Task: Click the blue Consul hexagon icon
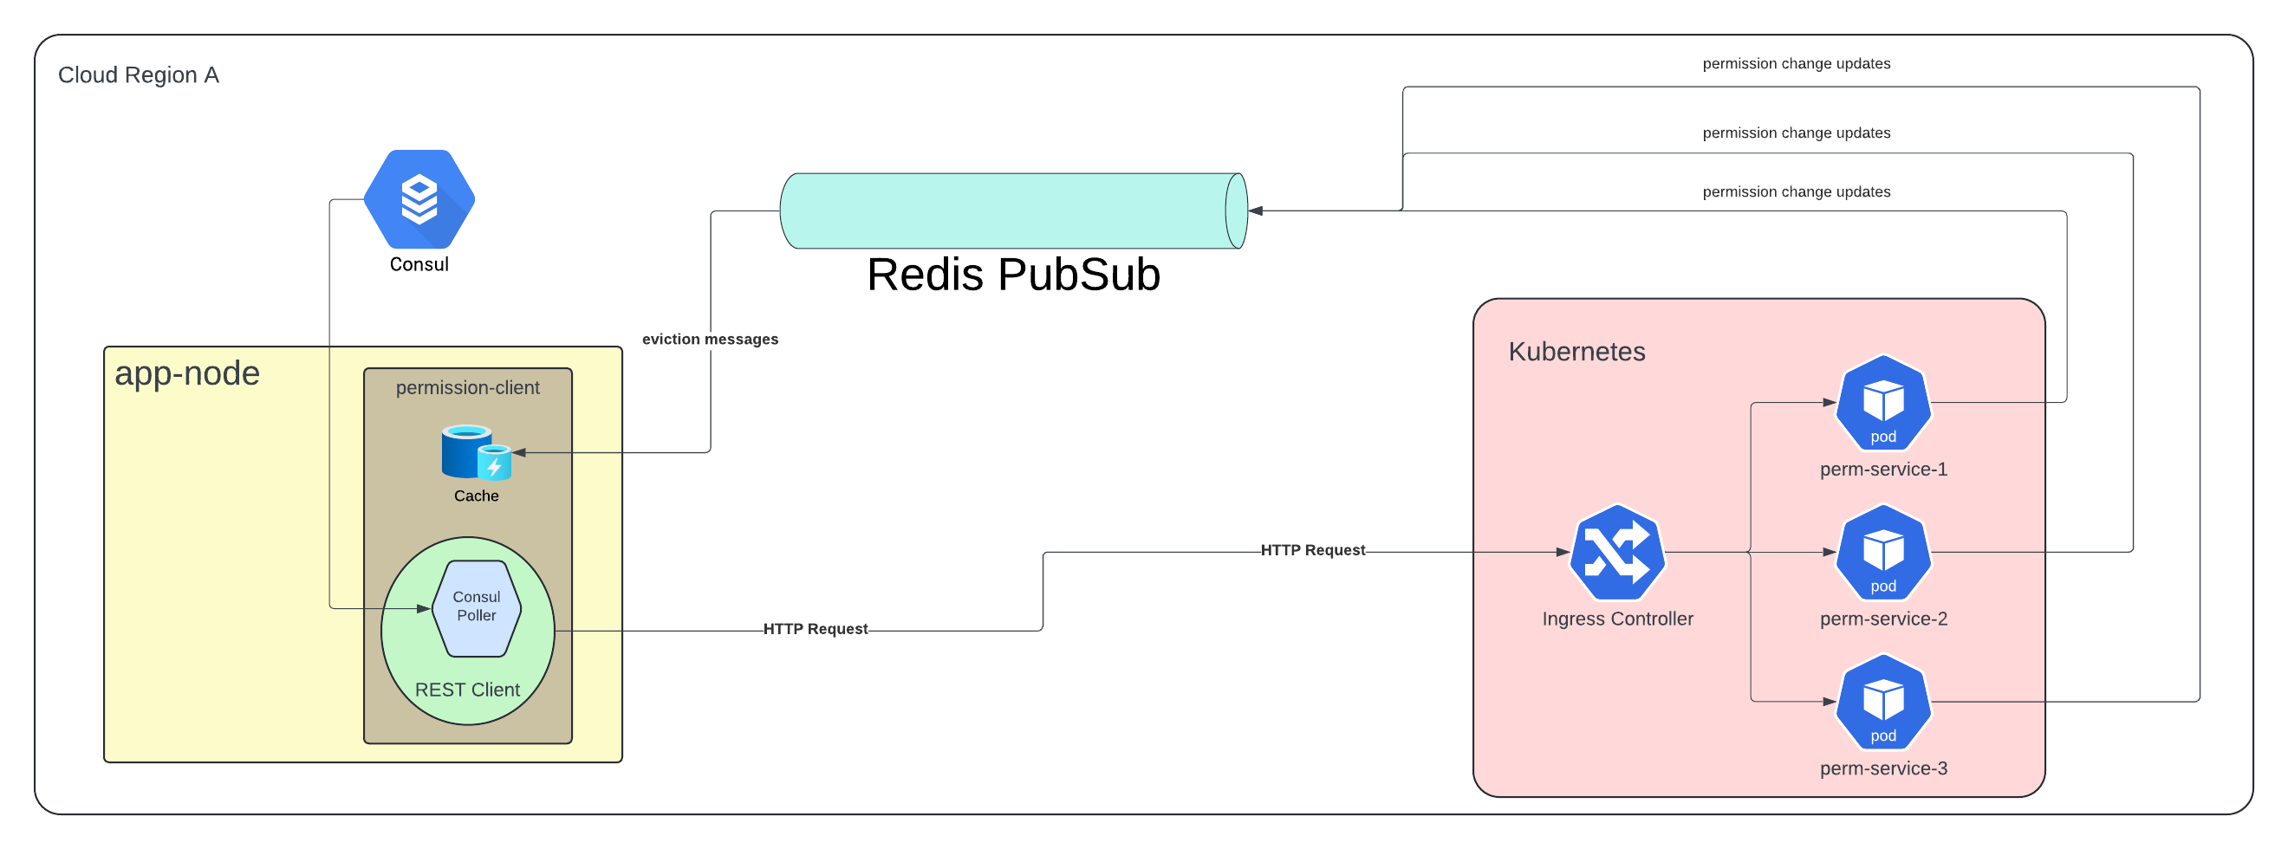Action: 419,199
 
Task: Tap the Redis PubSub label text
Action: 1012,275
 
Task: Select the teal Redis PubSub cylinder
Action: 1012,211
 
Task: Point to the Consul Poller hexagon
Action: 476,608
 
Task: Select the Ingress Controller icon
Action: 1616,553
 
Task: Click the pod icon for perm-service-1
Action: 1883,402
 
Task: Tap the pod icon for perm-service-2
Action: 1883,553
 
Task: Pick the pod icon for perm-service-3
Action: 1883,702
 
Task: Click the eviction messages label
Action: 710,340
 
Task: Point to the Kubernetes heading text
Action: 1576,352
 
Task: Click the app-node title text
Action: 187,373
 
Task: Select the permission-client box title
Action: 467,387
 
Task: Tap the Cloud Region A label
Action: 139,75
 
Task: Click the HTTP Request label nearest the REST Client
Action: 815,629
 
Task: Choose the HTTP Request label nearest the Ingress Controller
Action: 1312,550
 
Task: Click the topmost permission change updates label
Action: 1796,64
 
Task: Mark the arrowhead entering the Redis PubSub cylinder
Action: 1256,211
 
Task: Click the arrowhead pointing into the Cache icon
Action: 520,452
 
